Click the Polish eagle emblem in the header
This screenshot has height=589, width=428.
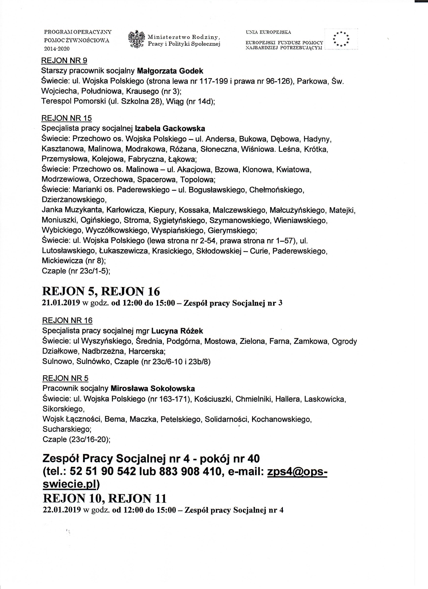[136, 39]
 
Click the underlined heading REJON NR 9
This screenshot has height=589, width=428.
[64, 61]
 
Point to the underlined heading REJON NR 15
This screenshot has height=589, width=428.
[66, 118]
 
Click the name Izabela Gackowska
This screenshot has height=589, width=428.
[170, 128]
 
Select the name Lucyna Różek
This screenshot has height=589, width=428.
[177, 331]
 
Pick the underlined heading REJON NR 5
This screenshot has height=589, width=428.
[65, 378]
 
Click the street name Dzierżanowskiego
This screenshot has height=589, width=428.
[74, 200]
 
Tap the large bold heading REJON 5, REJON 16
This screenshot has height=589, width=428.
[101, 292]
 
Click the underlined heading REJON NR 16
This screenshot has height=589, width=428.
[67, 320]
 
